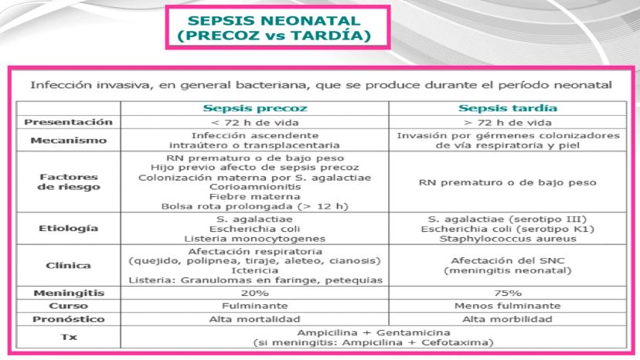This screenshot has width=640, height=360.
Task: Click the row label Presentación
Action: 68,122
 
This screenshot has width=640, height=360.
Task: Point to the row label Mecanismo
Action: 68,140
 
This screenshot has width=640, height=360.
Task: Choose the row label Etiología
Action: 68,229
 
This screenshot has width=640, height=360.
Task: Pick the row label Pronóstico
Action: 68,318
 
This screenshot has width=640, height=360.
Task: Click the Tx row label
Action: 68,337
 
